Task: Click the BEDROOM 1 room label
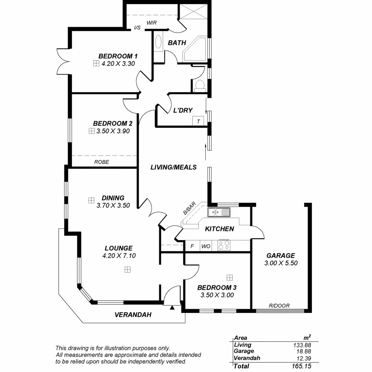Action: pyautogui.click(x=118, y=56)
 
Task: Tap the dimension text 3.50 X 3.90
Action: pyautogui.click(x=113, y=131)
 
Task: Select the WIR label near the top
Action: pyautogui.click(x=152, y=23)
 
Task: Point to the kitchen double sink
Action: pyautogui.click(x=219, y=212)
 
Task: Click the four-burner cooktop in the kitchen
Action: pyautogui.click(x=224, y=245)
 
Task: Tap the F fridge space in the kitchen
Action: pyautogui.click(x=192, y=246)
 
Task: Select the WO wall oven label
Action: pyautogui.click(x=206, y=246)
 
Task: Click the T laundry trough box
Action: pyautogui.click(x=198, y=121)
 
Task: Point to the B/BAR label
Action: pyautogui.click(x=189, y=208)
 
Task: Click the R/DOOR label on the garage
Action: pyautogui.click(x=279, y=306)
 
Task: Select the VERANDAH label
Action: pyautogui.click(x=133, y=315)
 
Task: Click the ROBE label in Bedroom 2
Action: pyautogui.click(x=102, y=162)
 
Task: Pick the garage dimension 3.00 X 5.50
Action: pyautogui.click(x=281, y=263)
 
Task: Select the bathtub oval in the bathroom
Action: pyautogui.click(x=158, y=42)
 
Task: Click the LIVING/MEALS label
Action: pyautogui.click(x=174, y=167)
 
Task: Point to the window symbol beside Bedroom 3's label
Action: pyautogui.click(x=229, y=277)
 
